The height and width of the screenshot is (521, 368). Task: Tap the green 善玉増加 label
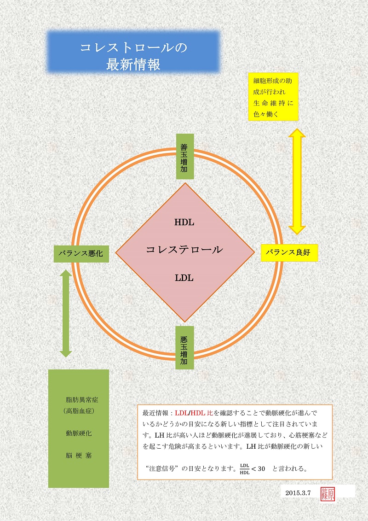185,157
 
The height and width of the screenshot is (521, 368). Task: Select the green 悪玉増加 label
185,347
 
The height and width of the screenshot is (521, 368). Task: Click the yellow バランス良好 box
289,252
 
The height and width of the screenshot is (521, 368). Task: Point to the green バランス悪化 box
81,253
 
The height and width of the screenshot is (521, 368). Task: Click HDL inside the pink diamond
184,222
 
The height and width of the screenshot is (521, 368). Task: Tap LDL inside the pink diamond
184,278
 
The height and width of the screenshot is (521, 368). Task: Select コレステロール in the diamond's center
184,250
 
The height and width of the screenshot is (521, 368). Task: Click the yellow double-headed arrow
297,181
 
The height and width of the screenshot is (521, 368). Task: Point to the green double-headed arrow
66,313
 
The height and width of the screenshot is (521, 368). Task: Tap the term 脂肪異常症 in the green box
80,399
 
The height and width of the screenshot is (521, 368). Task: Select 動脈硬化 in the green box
79,433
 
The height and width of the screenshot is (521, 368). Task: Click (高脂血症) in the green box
79,410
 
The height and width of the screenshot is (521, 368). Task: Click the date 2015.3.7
298,493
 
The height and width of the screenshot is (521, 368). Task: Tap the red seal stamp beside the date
330,493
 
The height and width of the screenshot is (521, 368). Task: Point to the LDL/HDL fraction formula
245,469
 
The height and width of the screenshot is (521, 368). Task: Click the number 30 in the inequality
262,469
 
